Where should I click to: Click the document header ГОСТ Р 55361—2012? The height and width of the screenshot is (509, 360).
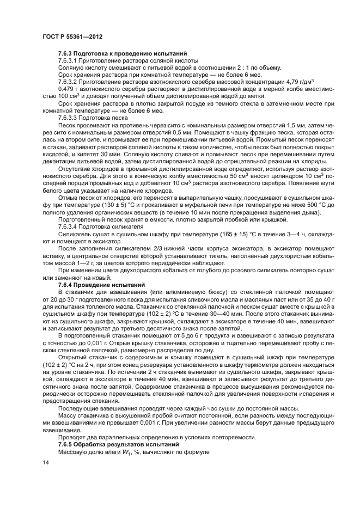72,35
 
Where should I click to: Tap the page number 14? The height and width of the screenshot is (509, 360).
46,463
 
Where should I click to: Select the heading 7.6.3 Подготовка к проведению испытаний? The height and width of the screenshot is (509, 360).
123,54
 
